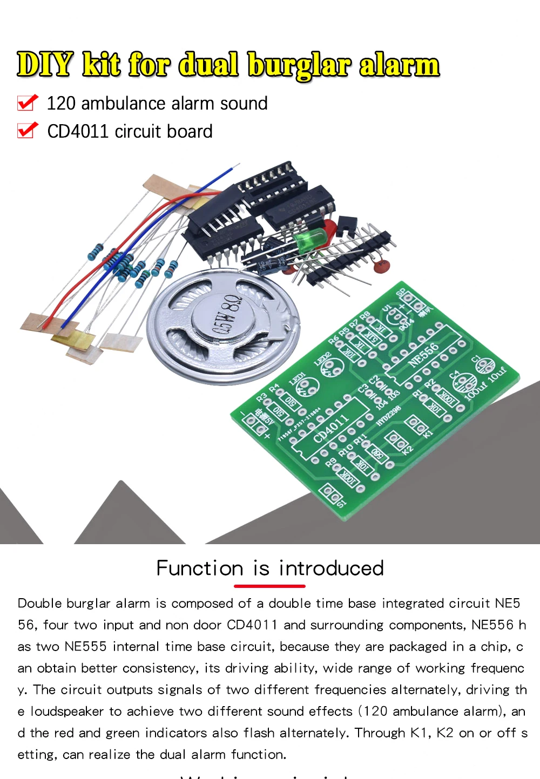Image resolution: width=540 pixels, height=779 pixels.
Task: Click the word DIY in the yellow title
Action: pos(45,65)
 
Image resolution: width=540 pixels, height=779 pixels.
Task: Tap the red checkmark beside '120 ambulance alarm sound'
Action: pos(28,102)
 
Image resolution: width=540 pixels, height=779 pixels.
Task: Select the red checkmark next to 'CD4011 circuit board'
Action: pos(28,130)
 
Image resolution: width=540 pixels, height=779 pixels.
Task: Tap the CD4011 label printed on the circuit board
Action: pos(330,429)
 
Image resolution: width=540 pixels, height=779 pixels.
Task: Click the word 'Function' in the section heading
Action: pos(200,568)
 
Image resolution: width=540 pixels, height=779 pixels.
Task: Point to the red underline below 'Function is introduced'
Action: pos(269,586)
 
